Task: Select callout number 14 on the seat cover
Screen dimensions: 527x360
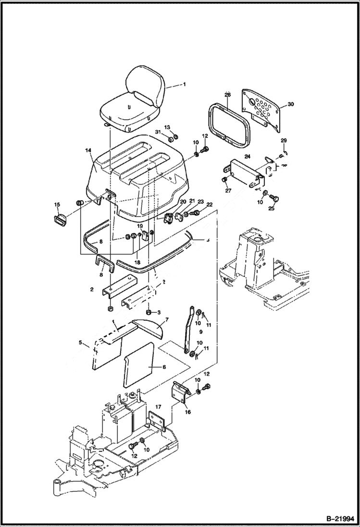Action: click(88, 151)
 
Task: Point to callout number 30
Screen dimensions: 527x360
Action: click(290, 104)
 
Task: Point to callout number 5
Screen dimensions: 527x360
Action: click(80, 343)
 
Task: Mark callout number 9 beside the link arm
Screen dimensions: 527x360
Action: click(201, 331)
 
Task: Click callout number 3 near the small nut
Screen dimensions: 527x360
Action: click(159, 312)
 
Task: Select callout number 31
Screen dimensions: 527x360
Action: click(158, 132)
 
